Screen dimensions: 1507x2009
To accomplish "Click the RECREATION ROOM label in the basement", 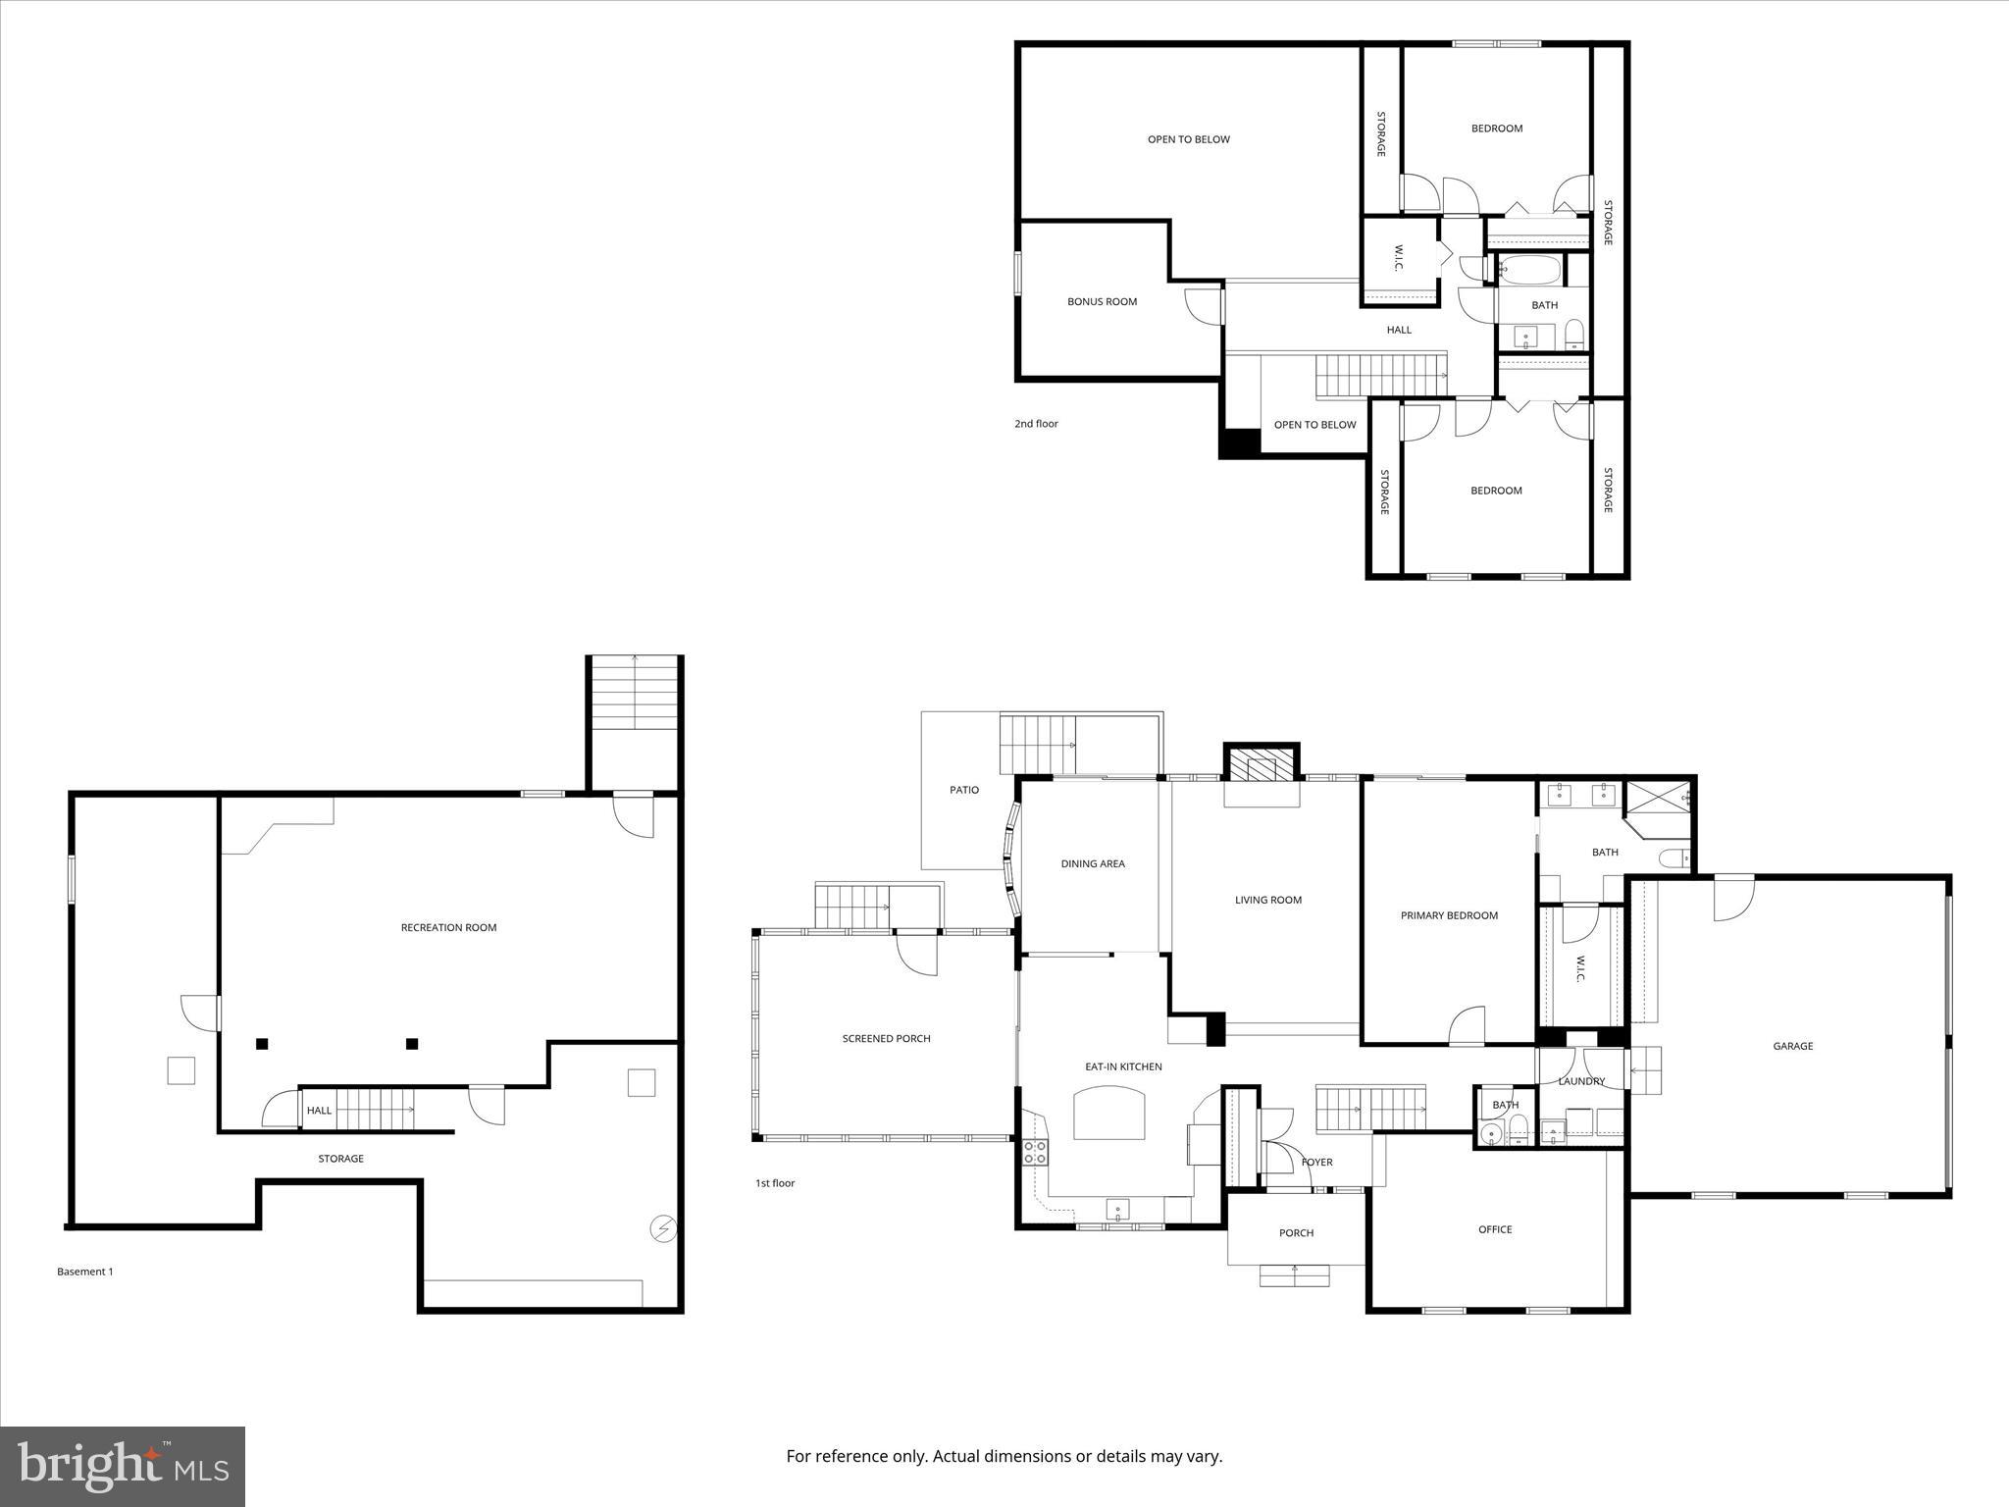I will (x=448, y=927).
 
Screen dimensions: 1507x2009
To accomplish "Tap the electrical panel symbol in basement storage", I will (x=664, y=1228).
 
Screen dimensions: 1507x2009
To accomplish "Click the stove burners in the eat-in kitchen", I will (x=1035, y=1152).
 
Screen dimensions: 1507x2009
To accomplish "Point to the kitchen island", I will (x=1109, y=1114).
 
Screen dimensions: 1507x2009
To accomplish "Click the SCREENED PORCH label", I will (x=886, y=1038).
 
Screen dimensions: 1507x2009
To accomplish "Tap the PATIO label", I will (x=963, y=790).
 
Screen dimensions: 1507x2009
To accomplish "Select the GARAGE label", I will (x=1792, y=1046).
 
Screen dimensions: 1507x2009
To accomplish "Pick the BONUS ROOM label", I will (x=1102, y=301).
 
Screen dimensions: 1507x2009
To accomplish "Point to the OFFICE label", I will (x=1495, y=1229).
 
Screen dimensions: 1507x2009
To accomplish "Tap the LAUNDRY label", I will (x=1581, y=1081).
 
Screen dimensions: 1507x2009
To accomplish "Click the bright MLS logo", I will (x=123, y=1467).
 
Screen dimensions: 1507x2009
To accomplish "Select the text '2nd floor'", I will (x=1036, y=424).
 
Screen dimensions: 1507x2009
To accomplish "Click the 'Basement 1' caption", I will (x=84, y=1272).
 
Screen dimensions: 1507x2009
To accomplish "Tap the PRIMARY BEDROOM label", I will (x=1449, y=915).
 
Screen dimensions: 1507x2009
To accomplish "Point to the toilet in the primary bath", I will (x=1674, y=858).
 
